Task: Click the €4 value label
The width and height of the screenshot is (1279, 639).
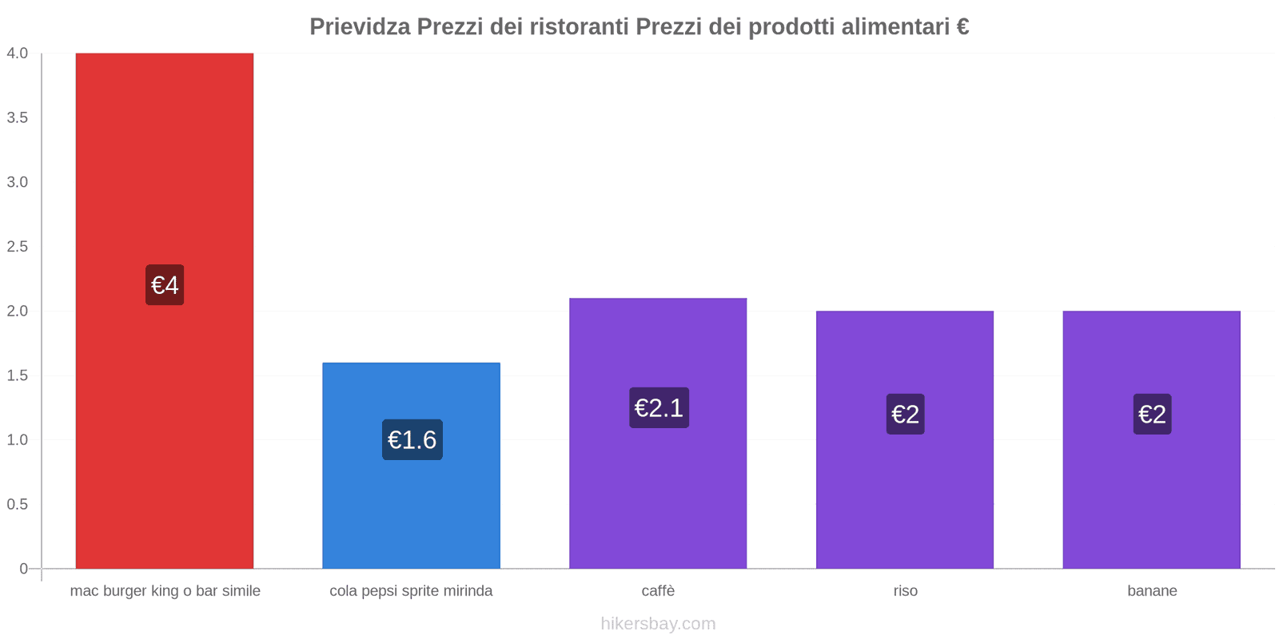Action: pos(165,285)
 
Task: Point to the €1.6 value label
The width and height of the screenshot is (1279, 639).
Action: pos(412,439)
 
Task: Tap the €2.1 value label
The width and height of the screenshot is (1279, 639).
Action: pos(659,407)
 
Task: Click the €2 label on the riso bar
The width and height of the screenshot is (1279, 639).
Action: pos(905,414)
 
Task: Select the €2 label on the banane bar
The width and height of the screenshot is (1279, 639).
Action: pos(1152,414)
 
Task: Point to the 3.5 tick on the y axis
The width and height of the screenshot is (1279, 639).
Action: pos(18,117)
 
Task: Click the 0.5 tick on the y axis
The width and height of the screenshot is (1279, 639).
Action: pos(18,504)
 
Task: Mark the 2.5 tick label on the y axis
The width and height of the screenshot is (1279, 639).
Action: pos(18,246)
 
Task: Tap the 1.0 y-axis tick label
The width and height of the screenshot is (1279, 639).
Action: pos(18,439)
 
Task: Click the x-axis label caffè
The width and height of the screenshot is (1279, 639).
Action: pos(658,591)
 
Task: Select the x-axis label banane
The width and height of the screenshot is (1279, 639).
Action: pos(1152,591)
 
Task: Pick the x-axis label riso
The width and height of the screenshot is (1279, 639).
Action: pos(905,591)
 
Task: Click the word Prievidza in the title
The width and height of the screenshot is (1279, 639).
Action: pos(360,27)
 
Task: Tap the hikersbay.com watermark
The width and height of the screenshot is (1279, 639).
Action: pos(658,624)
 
